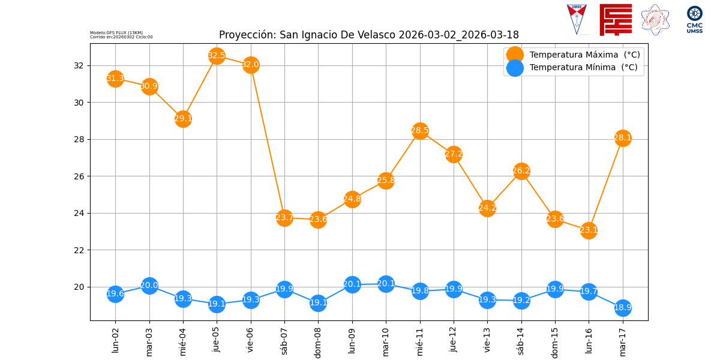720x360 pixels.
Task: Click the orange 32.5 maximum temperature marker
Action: click(x=217, y=56)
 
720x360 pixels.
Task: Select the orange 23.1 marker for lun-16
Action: click(x=589, y=230)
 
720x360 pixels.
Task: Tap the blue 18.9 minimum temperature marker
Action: click(x=623, y=308)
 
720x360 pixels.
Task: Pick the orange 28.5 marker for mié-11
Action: click(x=420, y=131)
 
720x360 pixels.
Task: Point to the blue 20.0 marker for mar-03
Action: click(x=149, y=286)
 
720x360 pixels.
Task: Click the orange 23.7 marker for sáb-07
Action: click(x=284, y=218)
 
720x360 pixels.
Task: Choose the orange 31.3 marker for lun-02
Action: click(x=115, y=79)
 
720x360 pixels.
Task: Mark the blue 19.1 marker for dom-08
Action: click(x=318, y=303)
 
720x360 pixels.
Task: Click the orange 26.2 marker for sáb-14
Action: click(x=521, y=171)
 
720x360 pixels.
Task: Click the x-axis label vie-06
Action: click(x=251, y=340)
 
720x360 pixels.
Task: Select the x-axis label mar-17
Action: click(x=623, y=341)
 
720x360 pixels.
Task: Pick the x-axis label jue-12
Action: click(x=454, y=340)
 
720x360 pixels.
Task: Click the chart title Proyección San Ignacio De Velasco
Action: click(x=368, y=35)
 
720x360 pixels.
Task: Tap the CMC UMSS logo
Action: click(x=695, y=20)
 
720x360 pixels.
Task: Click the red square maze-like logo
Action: click(x=616, y=20)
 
